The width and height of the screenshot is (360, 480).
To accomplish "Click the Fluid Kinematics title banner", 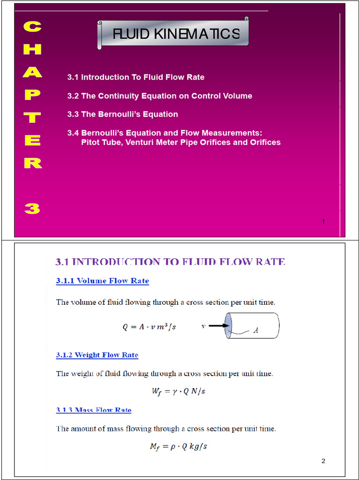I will (x=173, y=33).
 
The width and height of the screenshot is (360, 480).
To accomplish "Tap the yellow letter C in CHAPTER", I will (x=32, y=27).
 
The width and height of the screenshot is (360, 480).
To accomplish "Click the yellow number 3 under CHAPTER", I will (x=32, y=208).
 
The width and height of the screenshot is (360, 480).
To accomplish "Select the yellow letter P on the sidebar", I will (x=32, y=95).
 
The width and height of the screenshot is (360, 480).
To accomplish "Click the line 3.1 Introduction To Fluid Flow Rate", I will (x=136, y=77).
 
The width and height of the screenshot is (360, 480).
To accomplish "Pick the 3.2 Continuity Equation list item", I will (x=159, y=96).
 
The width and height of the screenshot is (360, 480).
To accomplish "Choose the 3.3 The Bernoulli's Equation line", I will (x=123, y=114).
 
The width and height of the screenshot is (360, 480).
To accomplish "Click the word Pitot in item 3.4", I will (x=92, y=142).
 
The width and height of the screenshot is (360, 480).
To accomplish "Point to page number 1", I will (x=323, y=221).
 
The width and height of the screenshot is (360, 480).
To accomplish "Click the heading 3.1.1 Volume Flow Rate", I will (x=103, y=281).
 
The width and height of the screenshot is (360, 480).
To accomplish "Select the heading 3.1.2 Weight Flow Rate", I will (x=97, y=355).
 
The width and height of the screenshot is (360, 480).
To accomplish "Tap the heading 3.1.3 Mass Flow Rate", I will (x=94, y=410).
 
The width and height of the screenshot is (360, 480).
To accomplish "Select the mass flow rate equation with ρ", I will (x=178, y=446).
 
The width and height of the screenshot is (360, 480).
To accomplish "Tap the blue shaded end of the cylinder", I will (x=228, y=326).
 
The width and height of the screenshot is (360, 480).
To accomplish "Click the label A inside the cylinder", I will (x=256, y=330).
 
